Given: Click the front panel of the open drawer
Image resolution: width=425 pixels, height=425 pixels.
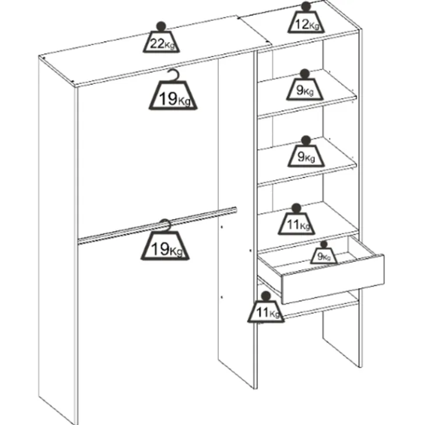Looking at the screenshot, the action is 333,279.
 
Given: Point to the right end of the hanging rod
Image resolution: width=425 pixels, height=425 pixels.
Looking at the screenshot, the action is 235,210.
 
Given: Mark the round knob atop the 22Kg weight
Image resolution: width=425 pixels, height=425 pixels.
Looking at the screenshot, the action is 161,27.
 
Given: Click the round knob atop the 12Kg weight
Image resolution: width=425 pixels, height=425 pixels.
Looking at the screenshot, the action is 306,6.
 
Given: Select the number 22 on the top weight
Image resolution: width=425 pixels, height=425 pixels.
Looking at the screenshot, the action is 157,43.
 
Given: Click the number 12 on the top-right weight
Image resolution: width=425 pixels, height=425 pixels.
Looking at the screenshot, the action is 302,24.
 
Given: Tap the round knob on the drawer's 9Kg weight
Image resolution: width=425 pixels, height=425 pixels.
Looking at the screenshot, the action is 324,244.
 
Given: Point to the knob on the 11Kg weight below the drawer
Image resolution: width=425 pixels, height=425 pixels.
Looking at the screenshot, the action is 266,296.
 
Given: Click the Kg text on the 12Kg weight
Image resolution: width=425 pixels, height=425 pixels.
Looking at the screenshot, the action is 314,26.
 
